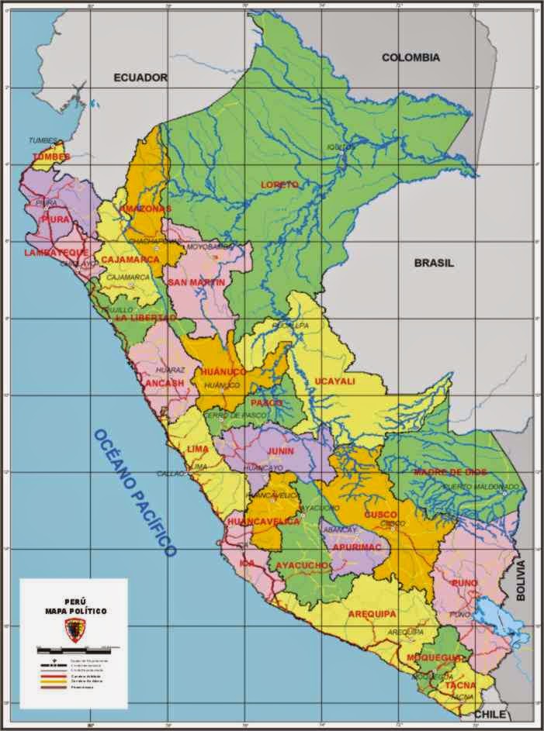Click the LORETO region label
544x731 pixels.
[x=279, y=184]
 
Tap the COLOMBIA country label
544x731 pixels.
[x=411, y=57]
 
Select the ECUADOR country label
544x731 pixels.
[x=140, y=78]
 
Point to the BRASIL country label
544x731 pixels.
[x=434, y=263]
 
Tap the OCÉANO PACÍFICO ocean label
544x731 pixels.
[x=135, y=492]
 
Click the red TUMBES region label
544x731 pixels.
[x=51, y=157]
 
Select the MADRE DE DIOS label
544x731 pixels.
[x=449, y=471]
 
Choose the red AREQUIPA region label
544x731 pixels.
[x=372, y=614]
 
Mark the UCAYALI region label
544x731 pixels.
[x=334, y=381]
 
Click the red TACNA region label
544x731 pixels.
[x=460, y=685]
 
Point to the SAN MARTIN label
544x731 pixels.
[x=196, y=282]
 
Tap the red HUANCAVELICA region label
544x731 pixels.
[x=263, y=522]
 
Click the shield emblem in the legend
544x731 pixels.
[x=74, y=631]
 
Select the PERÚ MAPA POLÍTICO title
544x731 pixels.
[x=75, y=606]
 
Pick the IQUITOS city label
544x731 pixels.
[x=340, y=147]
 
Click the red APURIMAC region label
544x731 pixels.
[x=357, y=547]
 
